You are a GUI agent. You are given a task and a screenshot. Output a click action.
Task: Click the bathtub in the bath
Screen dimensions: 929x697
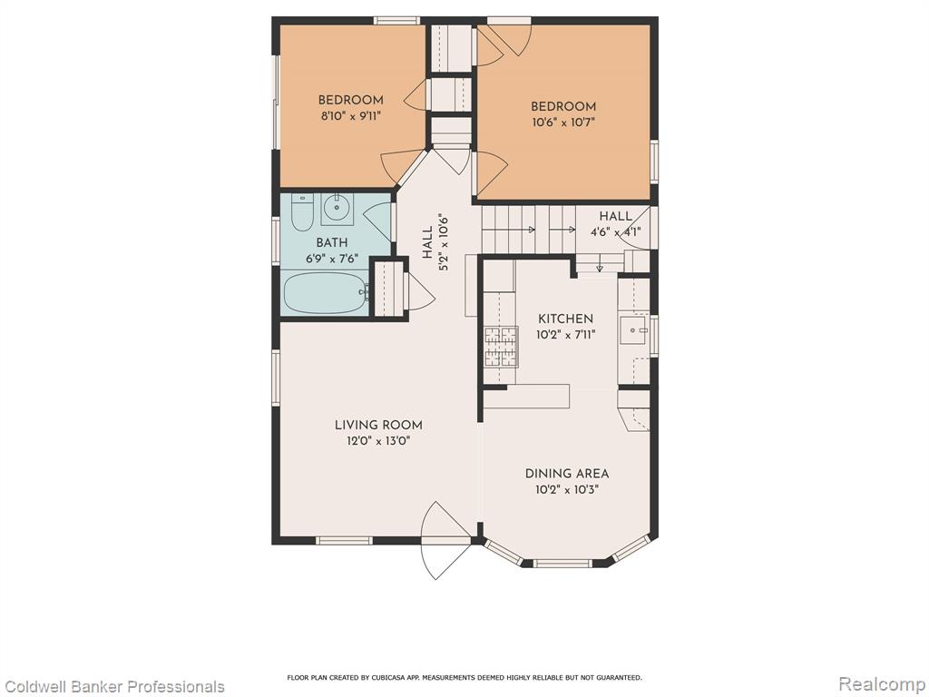point(326,292)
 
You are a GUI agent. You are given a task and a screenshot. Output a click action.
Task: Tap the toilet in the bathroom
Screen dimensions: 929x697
point(301,212)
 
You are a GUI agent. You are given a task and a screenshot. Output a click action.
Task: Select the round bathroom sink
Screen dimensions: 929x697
point(337,209)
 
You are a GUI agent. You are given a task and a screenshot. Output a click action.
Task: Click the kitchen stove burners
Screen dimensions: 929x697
point(501,347)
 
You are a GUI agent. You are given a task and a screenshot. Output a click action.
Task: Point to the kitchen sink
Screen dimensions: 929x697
point(633,329)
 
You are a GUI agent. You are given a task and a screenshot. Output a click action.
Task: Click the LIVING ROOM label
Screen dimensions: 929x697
point(378,425)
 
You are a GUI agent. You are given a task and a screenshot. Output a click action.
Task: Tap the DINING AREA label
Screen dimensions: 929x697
point(567,474)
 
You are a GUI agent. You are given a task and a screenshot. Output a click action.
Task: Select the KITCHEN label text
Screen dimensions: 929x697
point(565,319)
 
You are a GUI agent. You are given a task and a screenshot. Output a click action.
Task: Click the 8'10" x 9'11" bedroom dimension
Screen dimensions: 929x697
point(351,116)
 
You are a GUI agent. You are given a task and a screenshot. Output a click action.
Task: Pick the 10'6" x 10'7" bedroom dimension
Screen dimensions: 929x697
point(562,123)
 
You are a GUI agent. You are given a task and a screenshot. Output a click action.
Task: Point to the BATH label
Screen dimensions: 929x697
point(332,242)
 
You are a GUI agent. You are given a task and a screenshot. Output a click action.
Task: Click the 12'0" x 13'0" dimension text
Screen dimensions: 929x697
point(378,441)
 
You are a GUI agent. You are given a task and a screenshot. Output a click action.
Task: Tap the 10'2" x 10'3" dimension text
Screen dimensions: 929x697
point(567,490)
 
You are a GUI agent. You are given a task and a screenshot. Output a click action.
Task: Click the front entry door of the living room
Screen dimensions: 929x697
point(445,540)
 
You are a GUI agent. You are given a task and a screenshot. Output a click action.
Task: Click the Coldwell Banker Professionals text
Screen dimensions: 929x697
point(112,686)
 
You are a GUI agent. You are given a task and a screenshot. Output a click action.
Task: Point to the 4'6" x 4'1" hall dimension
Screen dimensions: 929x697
point(616,232)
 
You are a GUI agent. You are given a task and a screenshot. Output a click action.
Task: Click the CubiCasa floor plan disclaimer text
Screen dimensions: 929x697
point(464,677)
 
